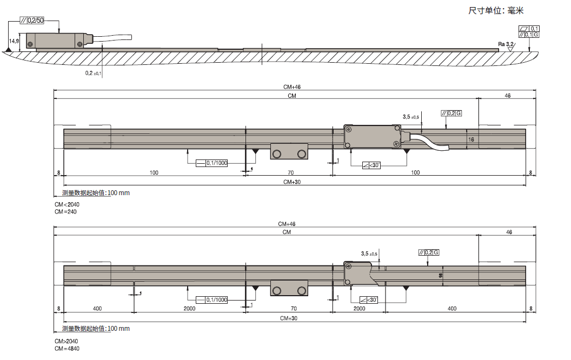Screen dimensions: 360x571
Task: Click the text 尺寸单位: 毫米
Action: point(496,10)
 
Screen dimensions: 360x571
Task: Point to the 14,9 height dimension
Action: point(14,41)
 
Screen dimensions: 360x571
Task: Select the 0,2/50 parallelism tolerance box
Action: point(32,21)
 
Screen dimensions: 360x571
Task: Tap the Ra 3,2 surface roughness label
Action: point(507,44)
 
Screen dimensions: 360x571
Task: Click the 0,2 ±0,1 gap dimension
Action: point(93,72)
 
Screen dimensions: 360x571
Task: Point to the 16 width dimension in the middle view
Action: point(471,139)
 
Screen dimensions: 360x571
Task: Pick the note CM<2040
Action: point(66,205)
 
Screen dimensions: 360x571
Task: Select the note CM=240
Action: point(65,212)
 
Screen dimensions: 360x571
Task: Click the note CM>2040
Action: point(66,342)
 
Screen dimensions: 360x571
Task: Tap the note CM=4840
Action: point(67,349)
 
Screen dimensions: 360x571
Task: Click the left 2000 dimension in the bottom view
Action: point(190,309)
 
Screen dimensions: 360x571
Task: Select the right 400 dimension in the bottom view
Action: point(452,309)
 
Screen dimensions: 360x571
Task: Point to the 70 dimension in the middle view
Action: point(290,172)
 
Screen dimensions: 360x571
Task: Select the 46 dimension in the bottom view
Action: point(508,231)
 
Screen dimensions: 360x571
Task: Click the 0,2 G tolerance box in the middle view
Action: point(452,113)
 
